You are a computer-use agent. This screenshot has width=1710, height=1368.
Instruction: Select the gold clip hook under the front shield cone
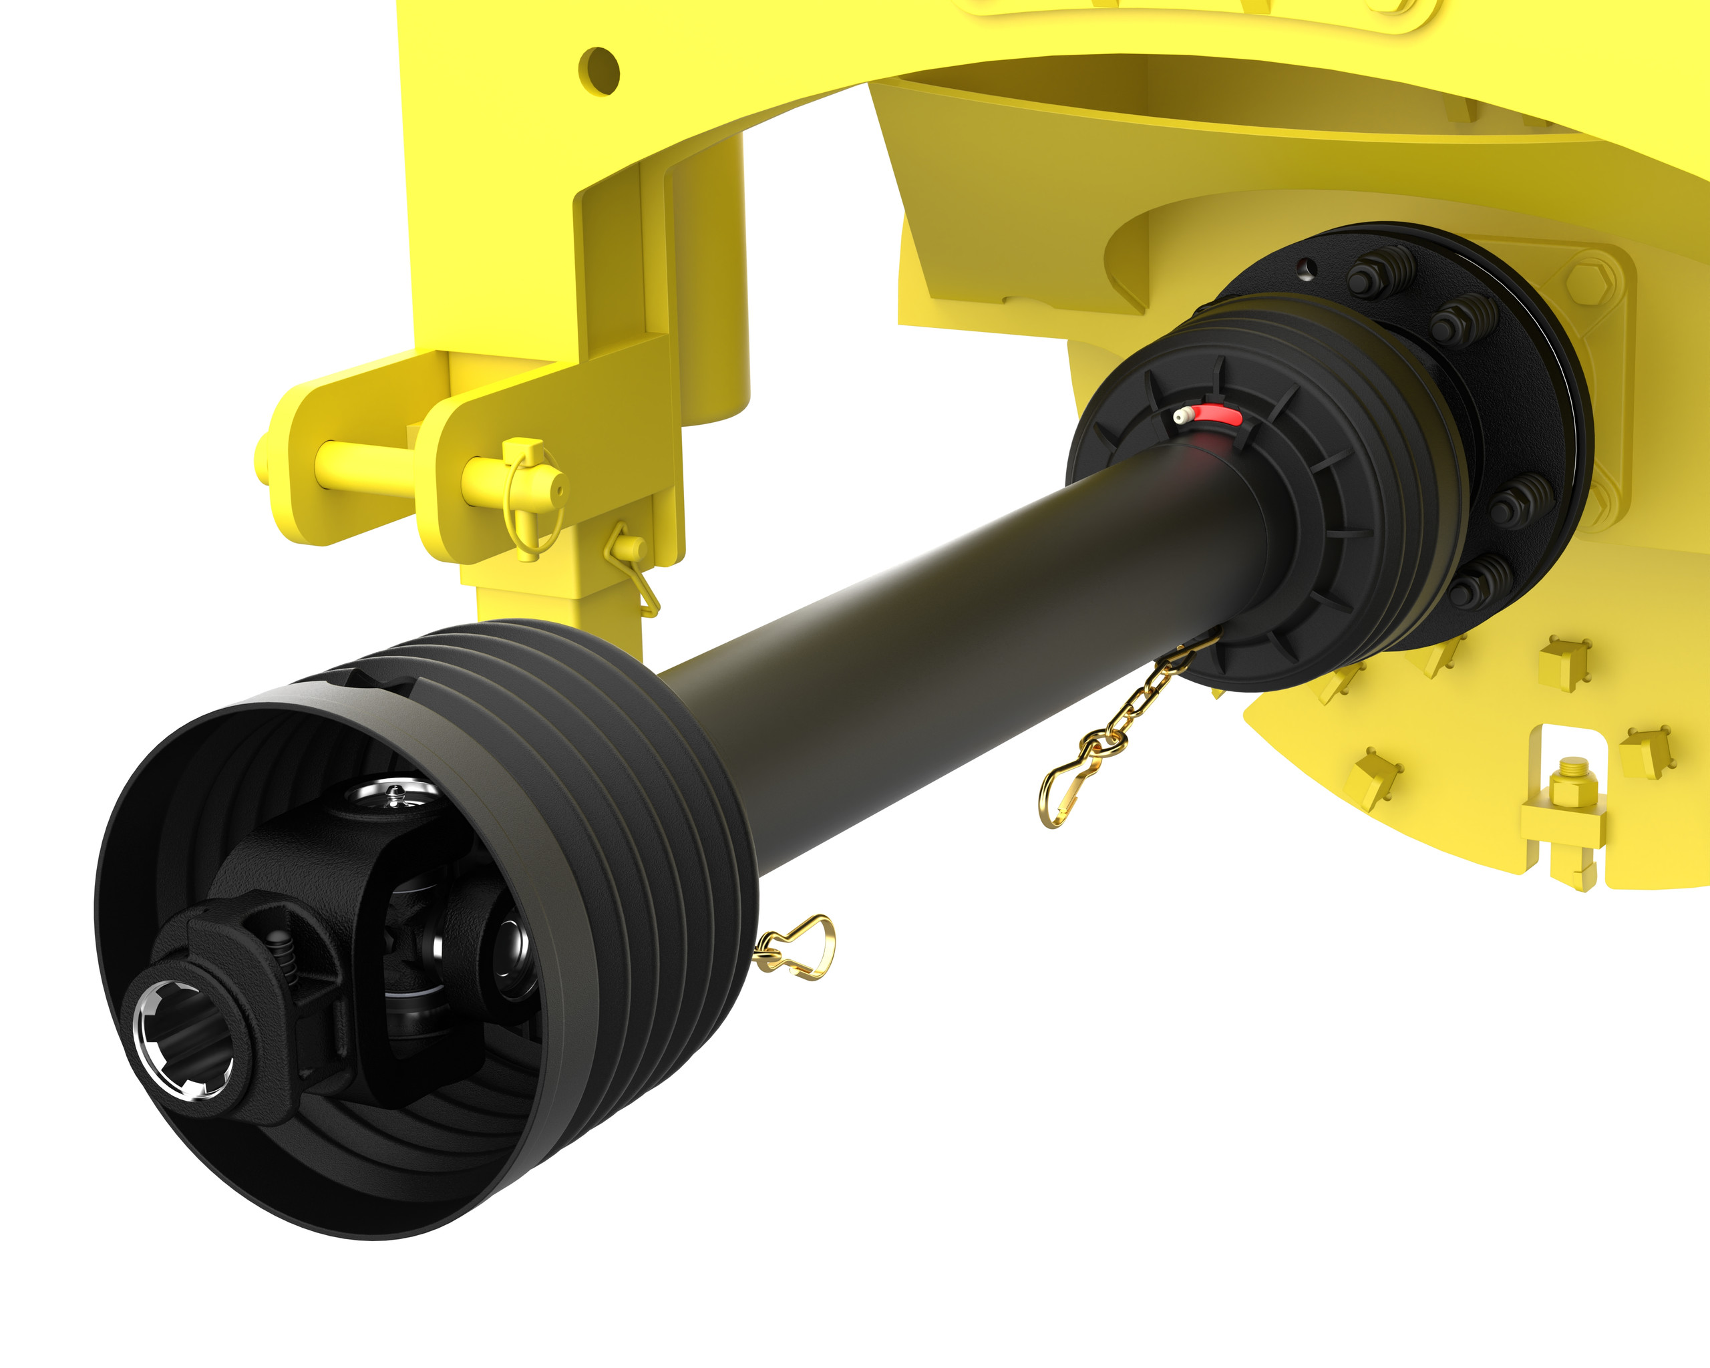[x=797, y=948]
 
